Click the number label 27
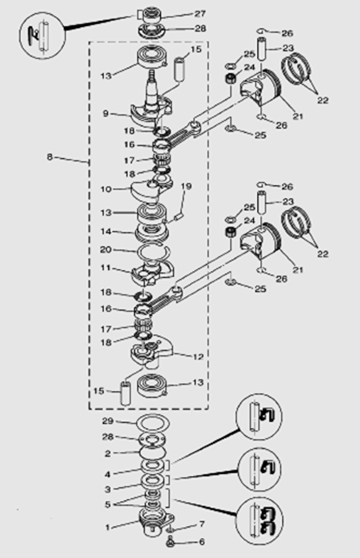click(200, 13)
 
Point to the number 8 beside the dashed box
click(50, 157)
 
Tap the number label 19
click(186, 186)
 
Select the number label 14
click(106, 231)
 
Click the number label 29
click(108, 421)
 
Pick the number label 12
click(198, 357)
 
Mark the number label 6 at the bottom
click(202, 541)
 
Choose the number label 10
click(106, 189)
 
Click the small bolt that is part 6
click(169, 543)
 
